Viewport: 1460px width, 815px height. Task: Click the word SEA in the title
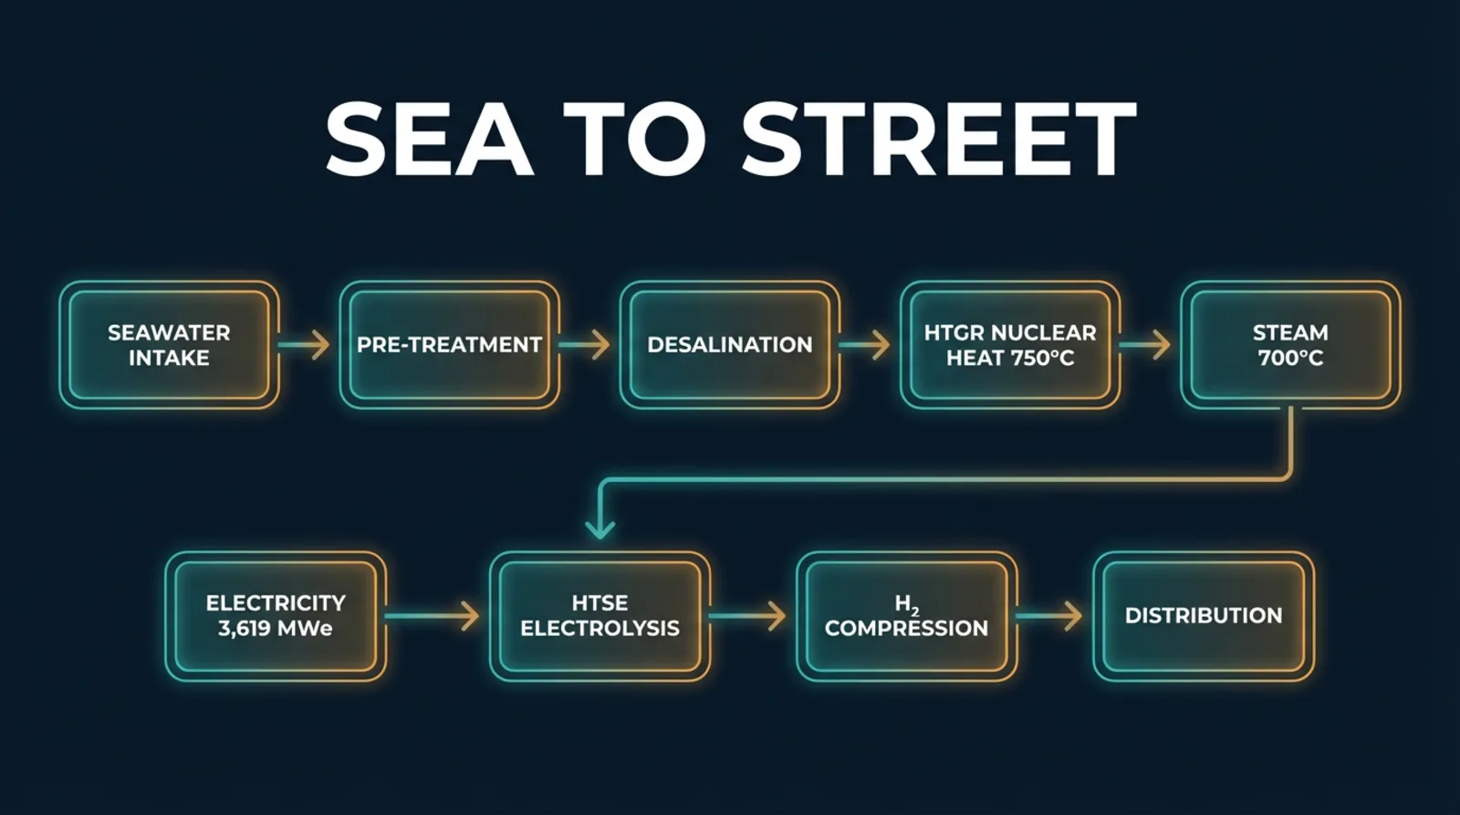pyautogui.click(x=430, y=139)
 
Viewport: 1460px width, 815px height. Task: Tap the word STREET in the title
pyautogui.click(x=939, y=139)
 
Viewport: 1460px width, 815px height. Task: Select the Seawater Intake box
pyautogui.click(x=170, y=345)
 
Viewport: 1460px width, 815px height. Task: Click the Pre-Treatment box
pyautogui.click(x=450, y=345)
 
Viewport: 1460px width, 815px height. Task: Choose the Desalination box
pyautogui.click(x=730, y=345)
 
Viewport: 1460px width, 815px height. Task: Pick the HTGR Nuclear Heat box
pyautogui.click(x=1010, y=345)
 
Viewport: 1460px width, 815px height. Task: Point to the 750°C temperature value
pyautogui.click(x=1041, y=358)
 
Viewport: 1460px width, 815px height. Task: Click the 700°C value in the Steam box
pyautogui.click(x=1290, y=358)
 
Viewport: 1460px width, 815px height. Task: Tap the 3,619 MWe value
pyautogui.click(x=275, y=629)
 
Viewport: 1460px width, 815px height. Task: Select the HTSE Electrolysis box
pyautogui.click(x=600, y=616)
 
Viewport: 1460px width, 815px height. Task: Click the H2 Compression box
pyautogui.click(x=907, y=616)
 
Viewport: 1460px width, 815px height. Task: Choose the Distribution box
pyautogui.click(x=1204, y=616)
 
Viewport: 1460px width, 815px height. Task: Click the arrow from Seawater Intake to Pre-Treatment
pyautogui.click(x=305, y=345)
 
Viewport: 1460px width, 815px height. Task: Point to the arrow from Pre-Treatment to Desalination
pyautogui.click(x=585, y=345)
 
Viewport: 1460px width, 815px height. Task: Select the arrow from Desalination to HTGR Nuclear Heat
pyautogui.click(x=865, y=345)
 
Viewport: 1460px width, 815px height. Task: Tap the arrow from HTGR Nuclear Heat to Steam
pyautogui.click(x=1145, y=345)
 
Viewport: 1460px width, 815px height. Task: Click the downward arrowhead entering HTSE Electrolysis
pyautogui.click(x=600, y=529)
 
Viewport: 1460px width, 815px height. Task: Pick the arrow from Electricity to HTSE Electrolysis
pyautogui.click(x=433, y=616)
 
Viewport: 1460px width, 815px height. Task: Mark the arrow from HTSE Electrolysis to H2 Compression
pyautogui.click(x=747, y=616)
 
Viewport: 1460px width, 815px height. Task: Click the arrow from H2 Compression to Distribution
pyautogui.click(x=1049, y=616)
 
